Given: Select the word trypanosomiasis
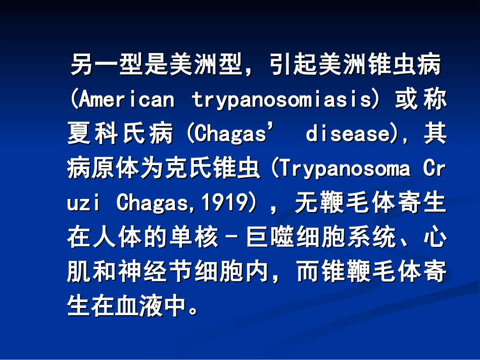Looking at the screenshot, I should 281,100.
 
